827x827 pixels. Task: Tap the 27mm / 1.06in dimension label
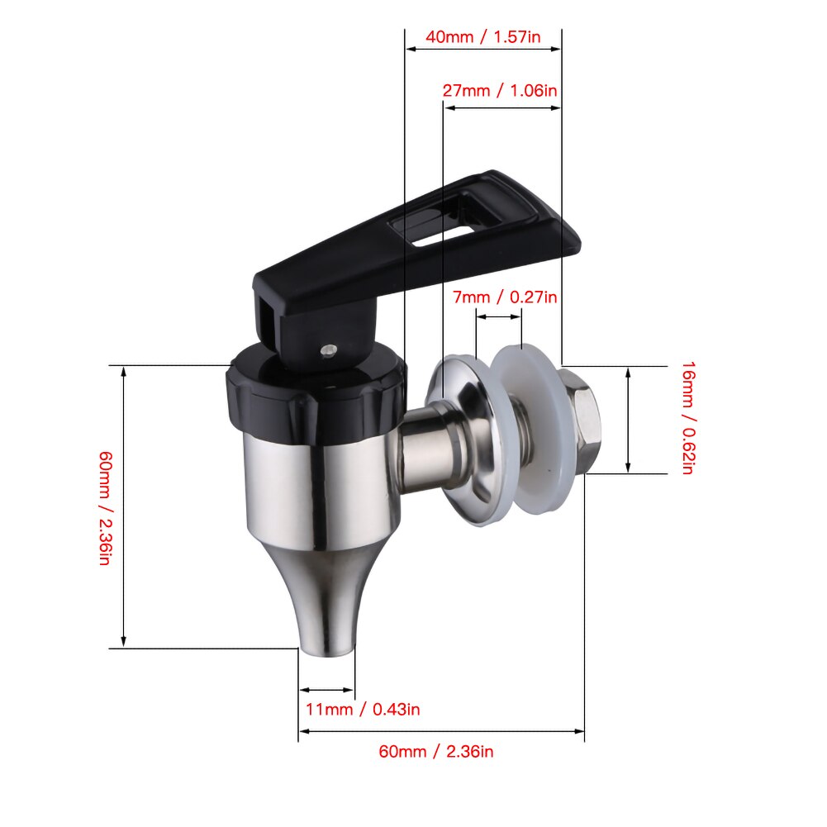(499, 90)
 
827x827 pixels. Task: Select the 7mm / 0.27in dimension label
(505, 297)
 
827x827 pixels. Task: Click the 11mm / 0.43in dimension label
(358, 709)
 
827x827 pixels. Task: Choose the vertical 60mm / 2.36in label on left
(104, 507)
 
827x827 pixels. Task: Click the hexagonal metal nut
(577, 421)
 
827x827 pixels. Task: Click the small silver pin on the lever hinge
(328, 350)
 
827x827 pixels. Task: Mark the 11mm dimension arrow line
(326, 689)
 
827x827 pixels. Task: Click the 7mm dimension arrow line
(500, 316)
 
